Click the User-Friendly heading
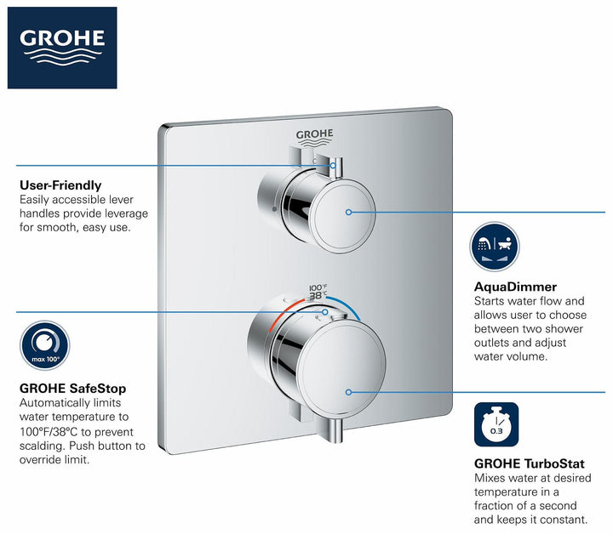[60, 185]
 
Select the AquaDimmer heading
[515, 287]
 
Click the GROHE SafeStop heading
[72, 388]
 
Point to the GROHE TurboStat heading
[530, 464]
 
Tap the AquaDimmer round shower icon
[495, 247]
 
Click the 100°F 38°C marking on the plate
[318, 292]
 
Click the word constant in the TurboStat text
[563, 519]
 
